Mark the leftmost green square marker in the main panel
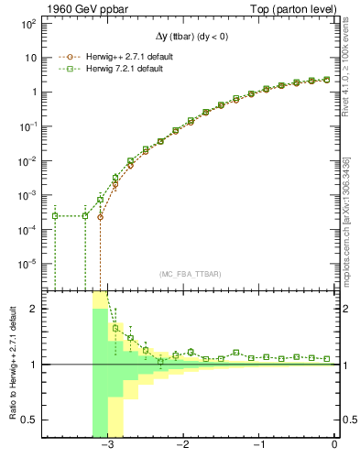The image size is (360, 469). [x=55, y=216]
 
